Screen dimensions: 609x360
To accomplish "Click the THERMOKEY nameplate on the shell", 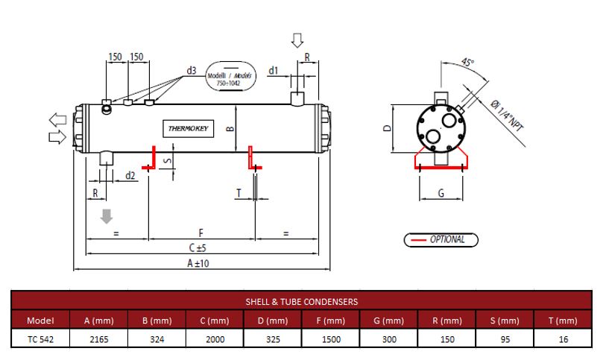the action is (x=189, y=128).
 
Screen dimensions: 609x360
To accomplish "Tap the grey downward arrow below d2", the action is (x=107, y=216).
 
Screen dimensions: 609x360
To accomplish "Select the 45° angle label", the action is (x=467, y=62).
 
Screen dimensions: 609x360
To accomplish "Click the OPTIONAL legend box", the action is (x=441, y=239).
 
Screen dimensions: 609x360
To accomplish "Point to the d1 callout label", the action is (x=274, y=71).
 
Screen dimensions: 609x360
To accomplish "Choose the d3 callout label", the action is (x=192, y=71).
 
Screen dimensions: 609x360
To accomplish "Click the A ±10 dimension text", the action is (x=198, y=263).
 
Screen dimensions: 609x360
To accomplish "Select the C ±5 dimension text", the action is (x=198, y=247).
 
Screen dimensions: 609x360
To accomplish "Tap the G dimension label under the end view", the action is (x=441, y=193).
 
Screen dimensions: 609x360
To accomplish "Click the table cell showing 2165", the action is (x=99, y=339).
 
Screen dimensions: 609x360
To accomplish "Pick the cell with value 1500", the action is (x=331, y=339).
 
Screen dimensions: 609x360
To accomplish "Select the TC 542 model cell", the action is (x=40, y=339).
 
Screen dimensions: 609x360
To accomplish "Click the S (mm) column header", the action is (x=505, y=320).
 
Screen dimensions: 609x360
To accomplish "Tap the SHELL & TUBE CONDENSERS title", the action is (x=301, y=302).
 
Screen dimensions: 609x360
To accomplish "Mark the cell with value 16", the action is (x=564, y=339).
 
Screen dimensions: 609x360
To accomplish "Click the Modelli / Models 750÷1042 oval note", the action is (x=230, y=76).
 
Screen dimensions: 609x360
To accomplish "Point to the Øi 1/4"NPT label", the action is (x=506, y=115).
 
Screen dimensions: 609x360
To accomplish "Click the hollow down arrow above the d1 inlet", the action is (x=297, y=40).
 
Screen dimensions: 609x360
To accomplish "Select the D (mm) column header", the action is (x=273, y=320).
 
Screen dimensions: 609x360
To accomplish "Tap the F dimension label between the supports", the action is (x=201, y=233).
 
